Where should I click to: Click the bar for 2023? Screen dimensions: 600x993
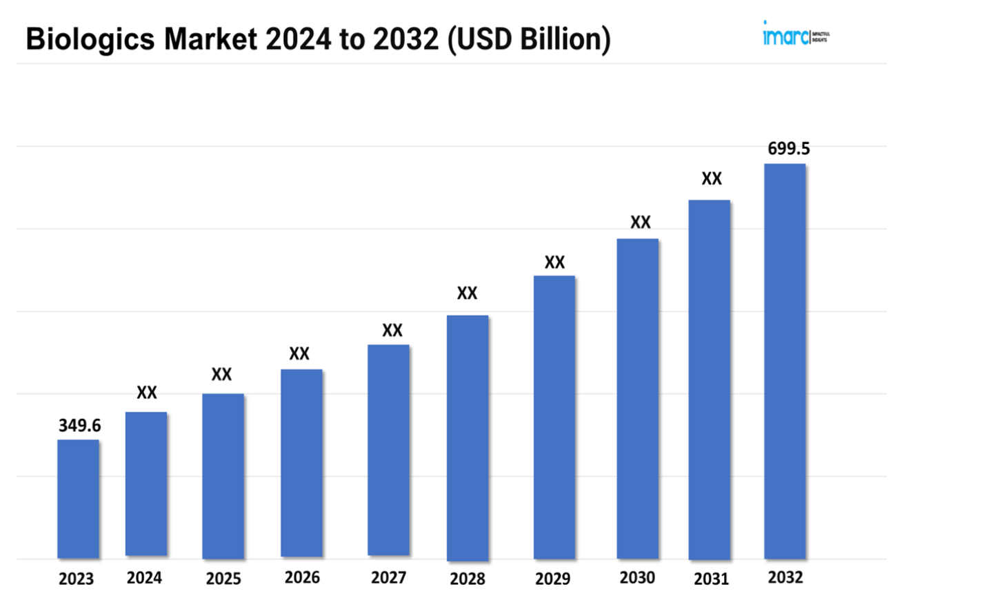pos(78,499)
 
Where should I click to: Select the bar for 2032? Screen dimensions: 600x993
pos(785,361)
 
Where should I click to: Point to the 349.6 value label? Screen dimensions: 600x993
pos(79,425)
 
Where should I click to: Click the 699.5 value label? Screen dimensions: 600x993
pos(789,148)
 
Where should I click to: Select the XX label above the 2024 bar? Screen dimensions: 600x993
pos(147,393)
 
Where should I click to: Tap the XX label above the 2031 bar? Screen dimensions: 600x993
pos(712,179)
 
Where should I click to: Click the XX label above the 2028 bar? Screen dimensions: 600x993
pos(467,293)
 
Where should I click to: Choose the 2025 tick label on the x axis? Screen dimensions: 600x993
pos(223,579)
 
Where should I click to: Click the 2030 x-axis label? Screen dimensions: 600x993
pos(637,578)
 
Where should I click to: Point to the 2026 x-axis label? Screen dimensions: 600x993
pos(302,577)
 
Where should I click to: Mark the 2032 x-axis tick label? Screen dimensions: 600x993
pos(785,577)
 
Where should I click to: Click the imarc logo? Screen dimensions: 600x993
pos(795,34)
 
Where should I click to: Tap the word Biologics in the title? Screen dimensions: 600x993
pos(90,39)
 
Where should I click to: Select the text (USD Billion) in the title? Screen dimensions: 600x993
pos(529,39)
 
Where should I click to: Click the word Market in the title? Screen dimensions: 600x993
pos(210,39)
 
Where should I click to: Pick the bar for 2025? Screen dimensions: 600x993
pos(223,476)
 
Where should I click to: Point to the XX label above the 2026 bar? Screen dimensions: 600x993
pos(299,354)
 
